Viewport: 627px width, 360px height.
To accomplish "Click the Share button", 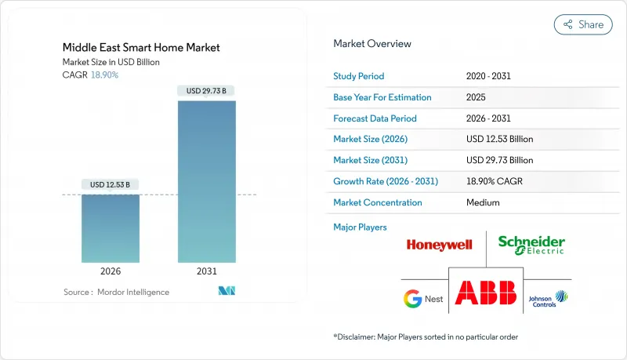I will (x=583, y=24).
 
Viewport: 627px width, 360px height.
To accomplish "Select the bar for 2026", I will (x=110, y=228).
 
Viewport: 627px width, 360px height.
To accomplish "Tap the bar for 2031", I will (x=206, y=181).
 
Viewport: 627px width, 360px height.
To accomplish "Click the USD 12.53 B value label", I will (x=110, y=184).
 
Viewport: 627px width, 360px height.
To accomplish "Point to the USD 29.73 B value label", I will (x=206, y=91).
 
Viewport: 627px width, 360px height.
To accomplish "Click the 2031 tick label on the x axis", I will (x=206, y=271).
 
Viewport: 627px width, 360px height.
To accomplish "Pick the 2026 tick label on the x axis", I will (x=110, y=271).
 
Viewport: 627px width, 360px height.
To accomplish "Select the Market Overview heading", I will (x=372, y=43).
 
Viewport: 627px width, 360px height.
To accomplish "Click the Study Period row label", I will (x=359, y=76).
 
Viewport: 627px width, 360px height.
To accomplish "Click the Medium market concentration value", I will (x=483, y=202).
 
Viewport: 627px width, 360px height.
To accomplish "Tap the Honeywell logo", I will (x=439, y=245).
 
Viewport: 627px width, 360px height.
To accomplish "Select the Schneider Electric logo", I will (x=531, y=245).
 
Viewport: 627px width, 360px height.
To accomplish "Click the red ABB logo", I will (x=486, y=293).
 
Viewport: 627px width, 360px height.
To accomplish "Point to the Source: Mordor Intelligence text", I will (x=116, y=292).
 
